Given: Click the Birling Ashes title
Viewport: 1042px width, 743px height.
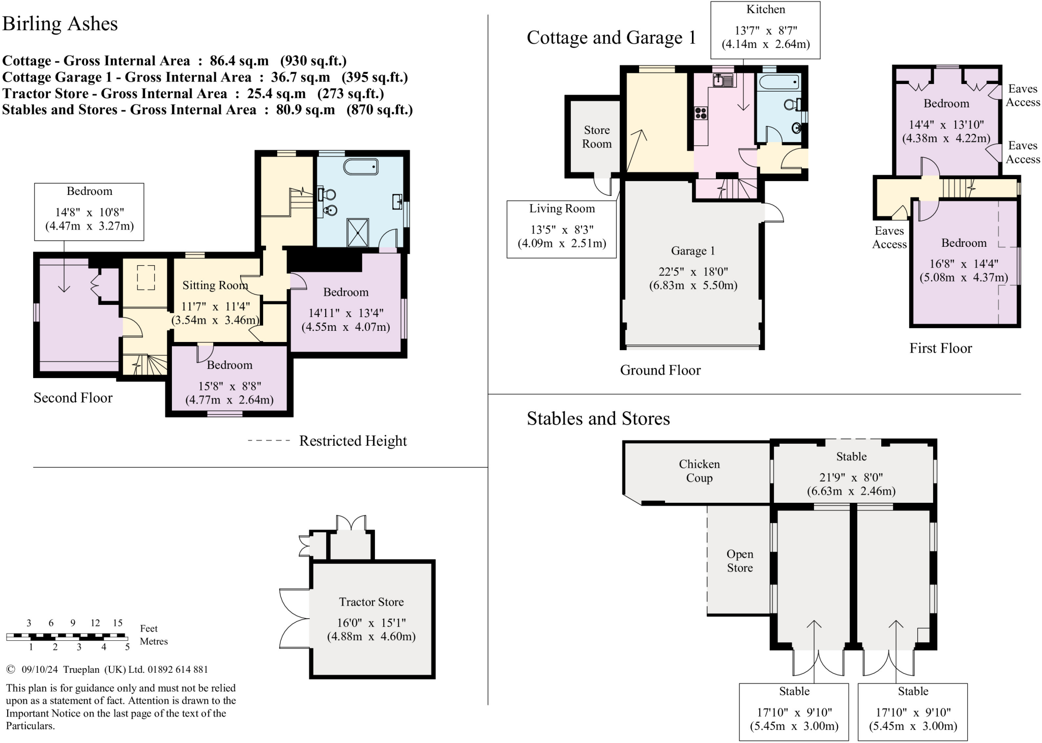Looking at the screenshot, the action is pyautogui.click(x=60, y=24).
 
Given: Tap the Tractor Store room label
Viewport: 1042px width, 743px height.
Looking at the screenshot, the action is pyautogui.click(x=371, y=602).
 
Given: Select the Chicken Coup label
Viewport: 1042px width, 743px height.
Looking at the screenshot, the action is pyautogui.click(x=699, y=471).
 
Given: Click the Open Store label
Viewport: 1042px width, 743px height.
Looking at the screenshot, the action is pyautogui.click(x=740, y=561).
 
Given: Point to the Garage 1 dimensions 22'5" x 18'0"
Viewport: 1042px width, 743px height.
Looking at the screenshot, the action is pyautogui.click(x=693, y=272).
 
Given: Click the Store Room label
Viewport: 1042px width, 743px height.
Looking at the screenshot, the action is pyautogui.click(x=597, y=137).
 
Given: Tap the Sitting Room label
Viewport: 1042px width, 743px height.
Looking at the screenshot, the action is pyautogui.click(x=215, y=285).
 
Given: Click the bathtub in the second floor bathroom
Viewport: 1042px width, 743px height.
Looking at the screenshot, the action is pyautogui.click(x=361, y=167).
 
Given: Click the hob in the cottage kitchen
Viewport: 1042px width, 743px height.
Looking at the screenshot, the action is pyautogui.click(x=701, y=113).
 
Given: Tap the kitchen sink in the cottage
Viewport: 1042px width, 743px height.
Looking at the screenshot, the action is pyautogui.click(x=723, y=80).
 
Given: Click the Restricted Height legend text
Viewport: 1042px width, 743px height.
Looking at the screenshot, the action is pyautogui.click(x=353, y=441).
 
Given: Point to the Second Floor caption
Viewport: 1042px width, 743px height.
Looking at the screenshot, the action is pyautogui.click(x=73, y=397).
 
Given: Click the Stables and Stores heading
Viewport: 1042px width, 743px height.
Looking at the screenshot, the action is pyautogui.click(x=598, y=418).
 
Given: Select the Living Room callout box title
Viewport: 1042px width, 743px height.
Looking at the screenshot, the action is pyautogui.click(x=562, y=209).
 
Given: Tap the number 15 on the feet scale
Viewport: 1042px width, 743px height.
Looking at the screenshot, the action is pyautogui.click(x=118, y=623).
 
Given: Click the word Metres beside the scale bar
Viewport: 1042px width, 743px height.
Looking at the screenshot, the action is pyautogui.click(x=154, y=641).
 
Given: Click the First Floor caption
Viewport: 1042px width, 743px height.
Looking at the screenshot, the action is pyautogui.click(x=941, y=348).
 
